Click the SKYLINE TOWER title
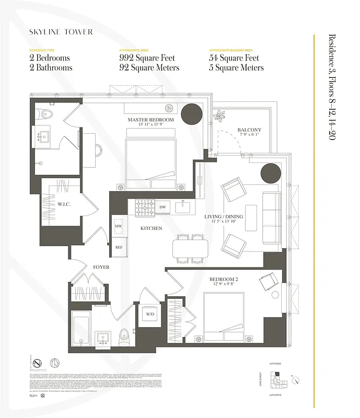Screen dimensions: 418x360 pyautogui.click(x=61, y=32)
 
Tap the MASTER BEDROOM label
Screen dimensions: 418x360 pyautogui.click(x=151, y=120)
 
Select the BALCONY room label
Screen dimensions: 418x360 pyautogui.click(x=249, y=130)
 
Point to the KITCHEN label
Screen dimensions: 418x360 pyautogui.click(x=151, y=228)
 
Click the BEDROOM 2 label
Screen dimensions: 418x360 pyautogui.click(x=223, y=280)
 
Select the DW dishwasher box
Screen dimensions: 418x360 pyautogui.click(x=162, y=207)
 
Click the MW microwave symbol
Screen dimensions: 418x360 pyautogui.click(x=118, y=225)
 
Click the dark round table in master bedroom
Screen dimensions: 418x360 pyautogui.click(x=191, y=112)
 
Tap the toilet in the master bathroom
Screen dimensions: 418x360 pyautogui.click(x=45, y=113)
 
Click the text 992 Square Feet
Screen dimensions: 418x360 pyautogui.click(x=147, y=58)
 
